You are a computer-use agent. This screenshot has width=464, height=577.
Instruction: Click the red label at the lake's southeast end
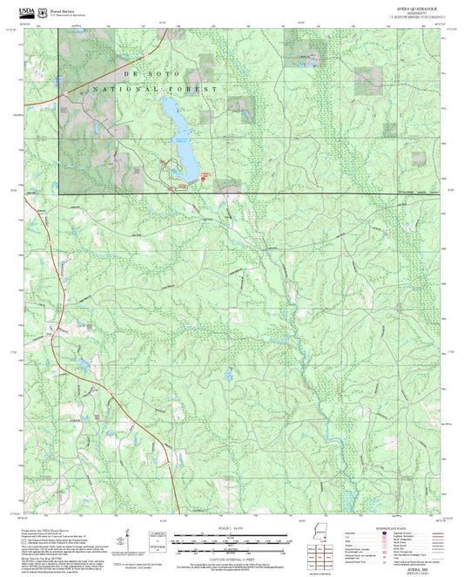click(x=205, y=175)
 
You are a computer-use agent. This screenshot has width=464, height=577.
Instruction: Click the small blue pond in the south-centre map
click(x=228, y=375)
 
